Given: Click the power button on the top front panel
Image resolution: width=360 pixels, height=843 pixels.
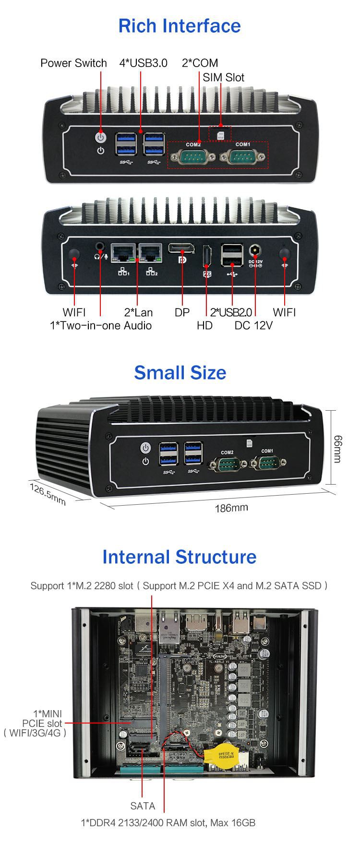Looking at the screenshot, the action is [100, 137].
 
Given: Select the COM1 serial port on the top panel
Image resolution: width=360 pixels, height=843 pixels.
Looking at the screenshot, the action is [242, 157].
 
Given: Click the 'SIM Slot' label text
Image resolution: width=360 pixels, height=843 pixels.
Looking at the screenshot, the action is [223, 77].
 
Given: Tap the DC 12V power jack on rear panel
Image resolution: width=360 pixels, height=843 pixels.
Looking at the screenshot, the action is [255, 251].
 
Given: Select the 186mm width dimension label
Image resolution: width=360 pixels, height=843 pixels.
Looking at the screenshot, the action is [231, 507].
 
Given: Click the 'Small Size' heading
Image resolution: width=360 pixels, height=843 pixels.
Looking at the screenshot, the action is [180, 372].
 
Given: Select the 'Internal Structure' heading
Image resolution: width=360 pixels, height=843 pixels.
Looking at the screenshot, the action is [180, 557].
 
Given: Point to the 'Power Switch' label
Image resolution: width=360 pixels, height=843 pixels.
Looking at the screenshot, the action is [73, 63].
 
